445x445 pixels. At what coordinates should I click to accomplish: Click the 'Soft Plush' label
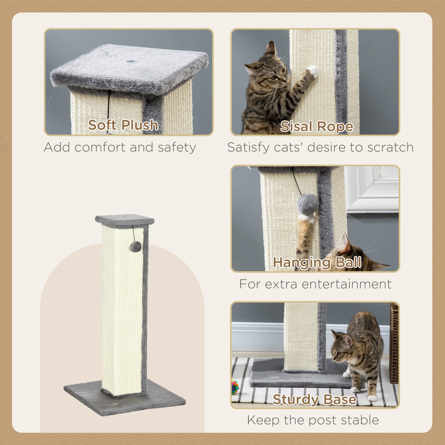(x=123, y=125)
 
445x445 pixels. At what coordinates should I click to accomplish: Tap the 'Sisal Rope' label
(x=317, y=126)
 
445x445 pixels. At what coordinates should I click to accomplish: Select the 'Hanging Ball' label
(x=317, y=263)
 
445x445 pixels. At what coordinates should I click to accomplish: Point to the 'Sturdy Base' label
(x=314, y=399)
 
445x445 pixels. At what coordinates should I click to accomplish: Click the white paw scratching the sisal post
(x=314, y=71)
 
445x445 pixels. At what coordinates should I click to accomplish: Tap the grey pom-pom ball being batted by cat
(x=308, y=204)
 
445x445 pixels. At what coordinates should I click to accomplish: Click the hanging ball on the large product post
(x=136, y=246)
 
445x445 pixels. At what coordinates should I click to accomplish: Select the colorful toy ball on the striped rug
(x=235, y=387)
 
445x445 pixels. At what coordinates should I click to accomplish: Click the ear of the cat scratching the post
(x=271, y=48)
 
